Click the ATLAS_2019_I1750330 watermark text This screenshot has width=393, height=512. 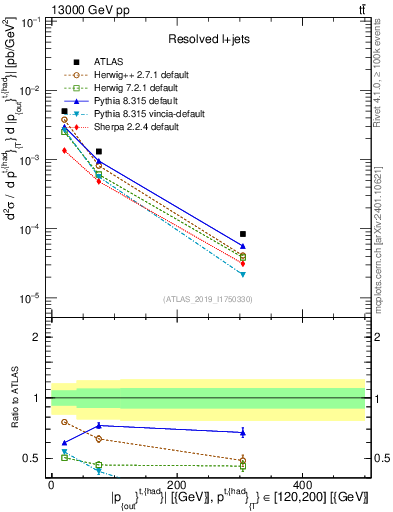[208, 299]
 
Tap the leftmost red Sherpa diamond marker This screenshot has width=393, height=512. [64, 150]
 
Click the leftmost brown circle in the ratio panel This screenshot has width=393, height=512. [64, 422]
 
